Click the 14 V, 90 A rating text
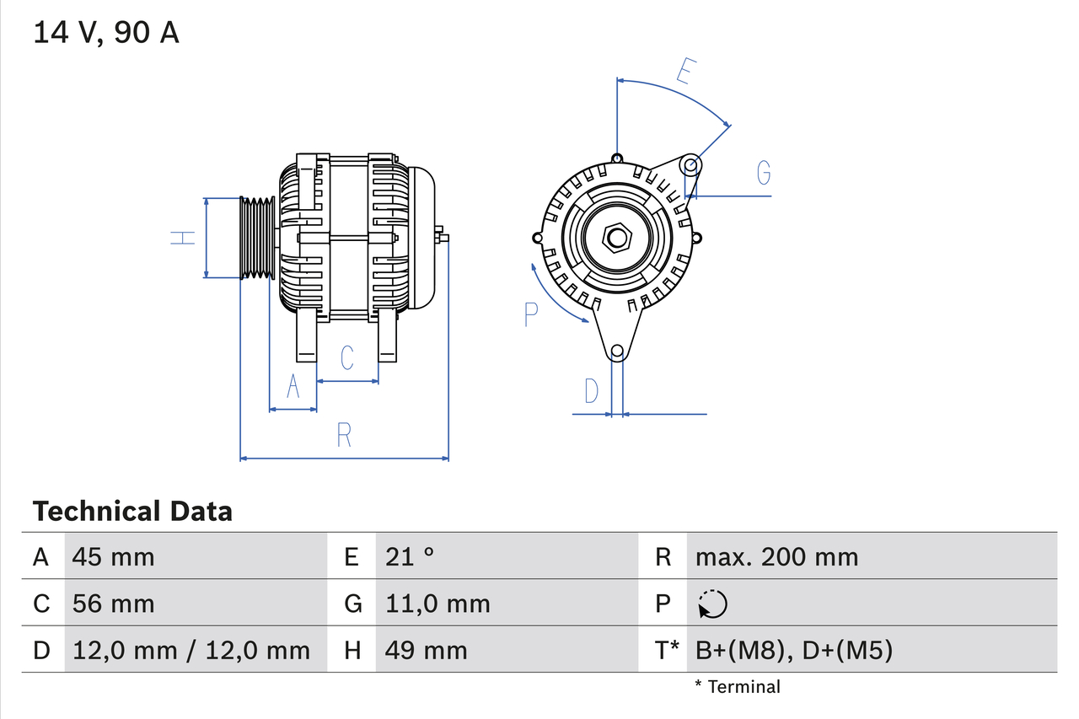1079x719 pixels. (x=106, y=33)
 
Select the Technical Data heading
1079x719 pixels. (x=132, y=511)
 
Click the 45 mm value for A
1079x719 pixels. (x=113, y=556)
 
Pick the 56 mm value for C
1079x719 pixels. (x=113, y=604)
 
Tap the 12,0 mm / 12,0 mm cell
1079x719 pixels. (x=191, y=650)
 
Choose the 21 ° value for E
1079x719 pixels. (x=410, y=556)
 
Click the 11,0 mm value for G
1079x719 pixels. (x=437, y=604)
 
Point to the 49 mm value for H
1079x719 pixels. (x=426, y=650)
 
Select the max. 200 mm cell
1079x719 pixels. (x=776, y=556)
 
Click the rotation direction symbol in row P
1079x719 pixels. (x=712, y=604)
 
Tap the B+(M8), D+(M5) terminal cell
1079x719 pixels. (x=793, y=650)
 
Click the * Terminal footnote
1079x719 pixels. (x=738, y=687)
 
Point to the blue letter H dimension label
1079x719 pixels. (x=183, y=239)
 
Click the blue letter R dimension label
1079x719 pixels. (x=344, y=435)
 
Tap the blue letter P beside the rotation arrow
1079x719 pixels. (x=530, y=314)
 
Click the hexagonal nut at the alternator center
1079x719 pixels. (x=617, y=238)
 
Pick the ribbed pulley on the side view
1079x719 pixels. (x=257, y=239)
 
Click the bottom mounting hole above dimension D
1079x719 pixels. (x=617, y=351)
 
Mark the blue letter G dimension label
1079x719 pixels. (x=764, y=173)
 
